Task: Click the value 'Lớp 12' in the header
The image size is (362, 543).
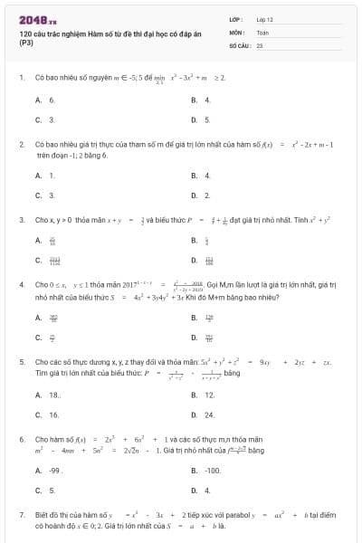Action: point(264,19)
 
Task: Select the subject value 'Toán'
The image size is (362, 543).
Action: point(262,32)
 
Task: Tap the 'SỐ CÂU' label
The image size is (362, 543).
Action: point(238,44)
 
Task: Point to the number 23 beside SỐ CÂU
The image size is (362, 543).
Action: point(260,44)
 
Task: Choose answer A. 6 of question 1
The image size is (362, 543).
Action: point(45,100)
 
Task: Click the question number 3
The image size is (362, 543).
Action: point(21,219)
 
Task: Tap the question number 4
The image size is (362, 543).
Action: point(21,284)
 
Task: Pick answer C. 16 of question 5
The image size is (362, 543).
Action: point(47,414)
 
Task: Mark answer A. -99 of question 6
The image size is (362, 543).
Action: point(48,471)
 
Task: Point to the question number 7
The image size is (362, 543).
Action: point(21,514)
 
